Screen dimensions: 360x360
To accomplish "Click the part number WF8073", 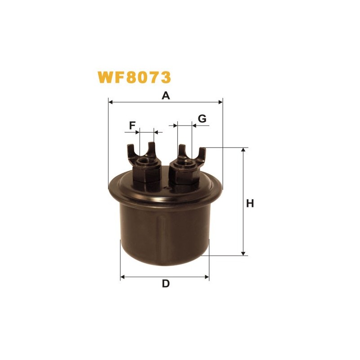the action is [134, 77].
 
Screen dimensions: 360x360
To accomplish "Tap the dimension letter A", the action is [166, 95].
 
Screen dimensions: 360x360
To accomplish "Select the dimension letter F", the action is [132, 126].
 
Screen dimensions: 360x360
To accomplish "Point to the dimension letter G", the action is [202, 119].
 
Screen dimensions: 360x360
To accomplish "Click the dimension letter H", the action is [250, 204].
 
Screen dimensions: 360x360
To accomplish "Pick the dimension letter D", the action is [166, 283].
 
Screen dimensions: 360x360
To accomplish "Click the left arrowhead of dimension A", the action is [110, 102].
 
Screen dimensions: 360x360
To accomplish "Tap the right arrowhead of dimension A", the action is [220, 102].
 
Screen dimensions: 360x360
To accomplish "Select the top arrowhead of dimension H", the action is [243, 150].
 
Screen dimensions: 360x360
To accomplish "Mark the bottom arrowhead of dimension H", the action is [243, 253].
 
